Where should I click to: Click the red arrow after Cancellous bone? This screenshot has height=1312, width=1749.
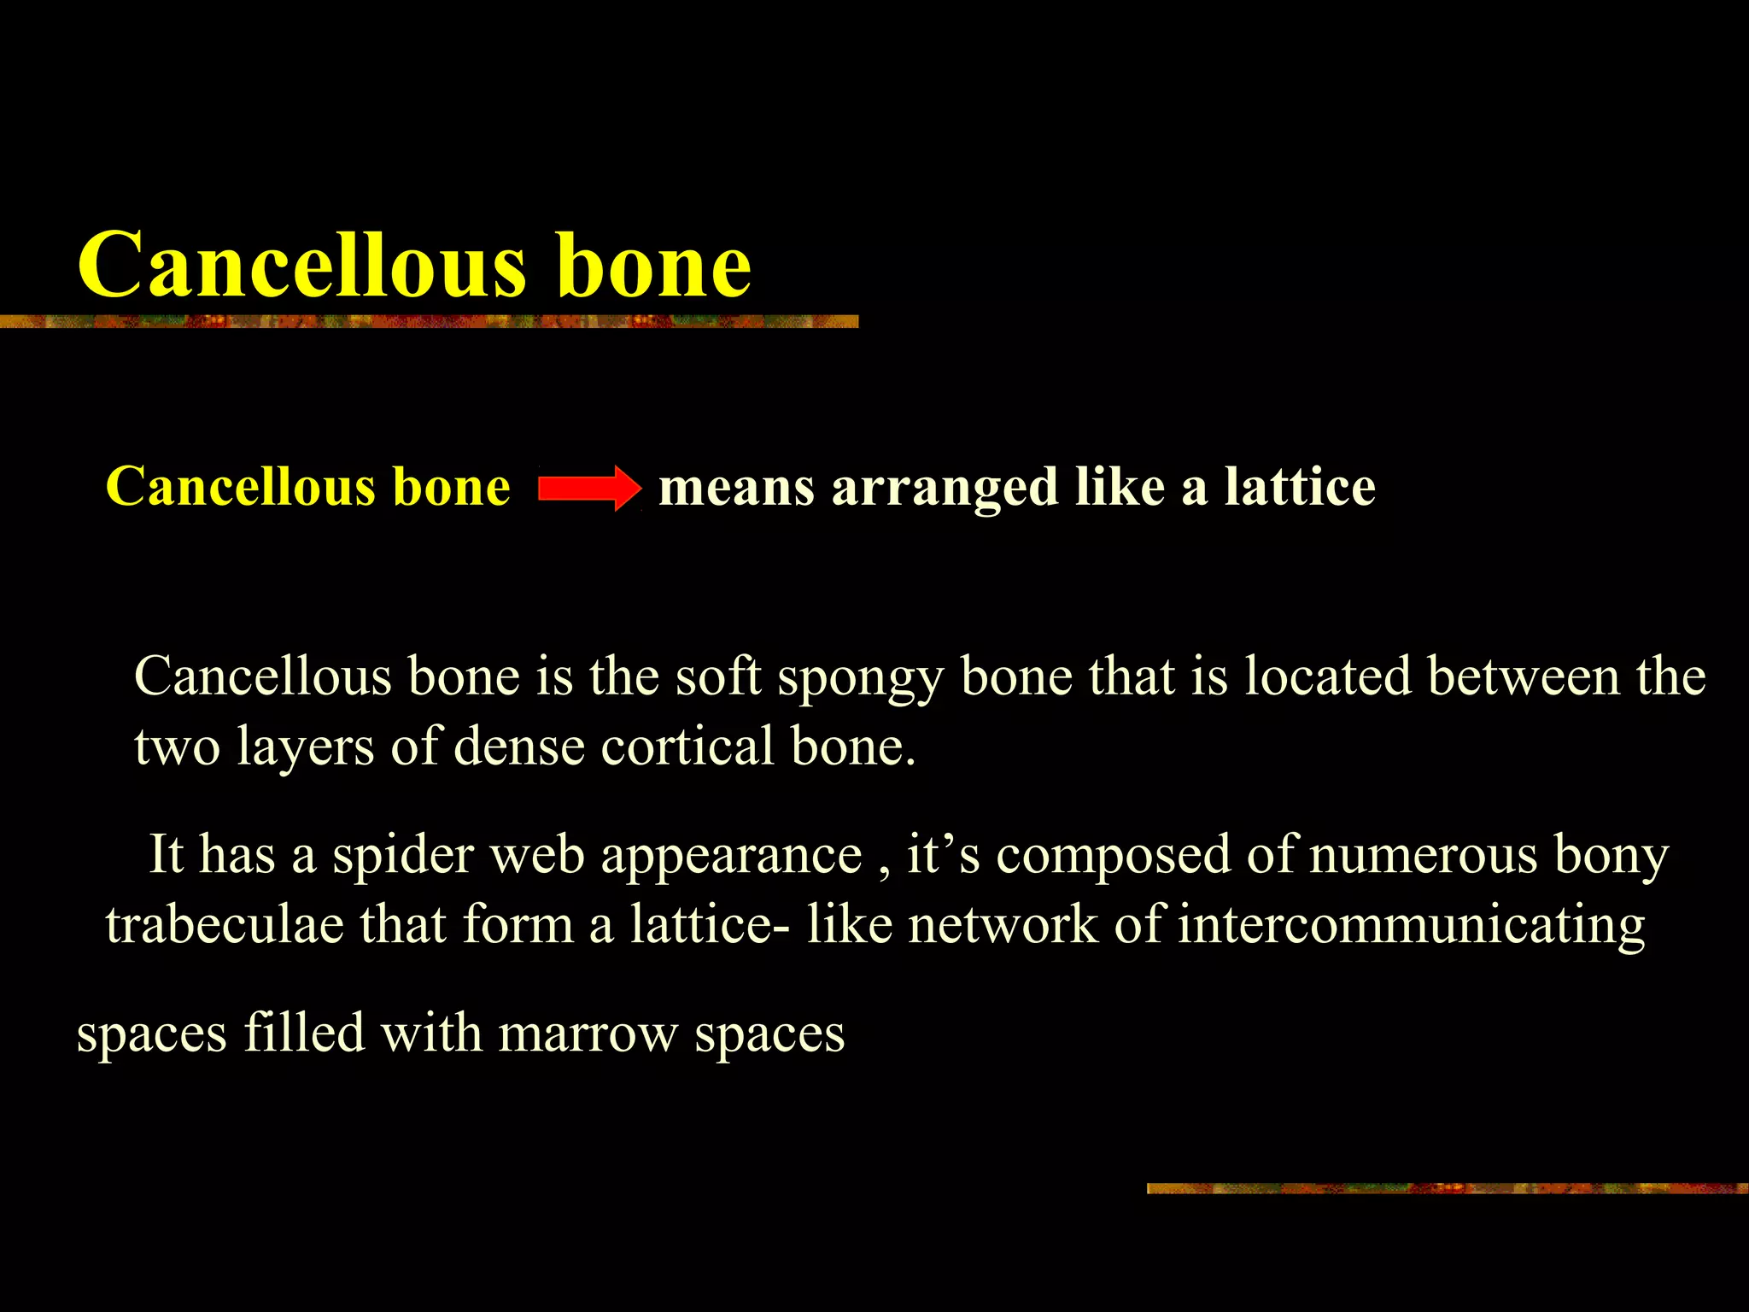click(x=589, y=488)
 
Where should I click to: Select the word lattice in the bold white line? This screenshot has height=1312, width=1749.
click(x=1300, y=487)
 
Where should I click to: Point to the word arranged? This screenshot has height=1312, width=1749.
click(x=945, y=489)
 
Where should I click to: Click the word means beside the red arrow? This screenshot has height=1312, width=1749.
click(x=736, y=489)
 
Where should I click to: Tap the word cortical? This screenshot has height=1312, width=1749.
click(x=687, y=747)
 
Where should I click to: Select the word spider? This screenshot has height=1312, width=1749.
click(x=402, y=854)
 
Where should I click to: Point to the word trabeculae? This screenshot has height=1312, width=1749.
click(x=223, y=924)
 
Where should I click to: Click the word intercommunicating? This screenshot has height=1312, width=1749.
click(x=1411, y=926)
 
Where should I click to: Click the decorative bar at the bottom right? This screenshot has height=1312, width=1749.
click(x=1447, y=1188)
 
